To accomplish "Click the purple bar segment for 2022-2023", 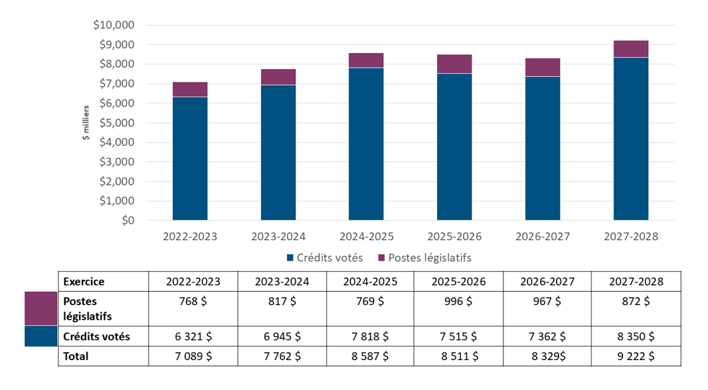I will click(x=190, y=90).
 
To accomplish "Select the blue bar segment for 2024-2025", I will click(x=366, y=144).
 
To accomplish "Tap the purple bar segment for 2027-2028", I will click(x=630, y=49).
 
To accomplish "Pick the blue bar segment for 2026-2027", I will click(x=542, y=149).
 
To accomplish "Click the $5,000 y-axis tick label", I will click(x=117, y=123).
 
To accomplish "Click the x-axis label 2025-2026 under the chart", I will click(x=454, y=236).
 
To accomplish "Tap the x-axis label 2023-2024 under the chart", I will click(x=278, y=236).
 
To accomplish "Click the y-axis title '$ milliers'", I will click(x=85, y=123).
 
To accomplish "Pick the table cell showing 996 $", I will click(x=458, y=301).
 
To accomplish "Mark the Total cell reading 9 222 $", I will click(x=635, y=356).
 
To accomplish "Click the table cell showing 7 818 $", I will click(x=370, y=336).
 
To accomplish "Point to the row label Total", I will click(x=76, y=356).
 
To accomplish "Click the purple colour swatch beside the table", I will click(x=41, y=308).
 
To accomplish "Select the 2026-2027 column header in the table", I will click(x=547, y=281).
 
